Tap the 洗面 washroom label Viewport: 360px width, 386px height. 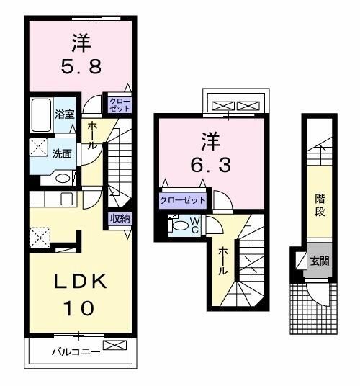click(x=62, y=153)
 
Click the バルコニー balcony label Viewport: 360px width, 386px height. click(x=75, y=352)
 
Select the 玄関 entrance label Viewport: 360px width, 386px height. click(x=320, y=261)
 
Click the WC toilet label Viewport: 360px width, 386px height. click(x=194, y=225)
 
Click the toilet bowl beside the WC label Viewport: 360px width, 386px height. click(x=177, y=225)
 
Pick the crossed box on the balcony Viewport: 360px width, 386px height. click(x=114, y=346)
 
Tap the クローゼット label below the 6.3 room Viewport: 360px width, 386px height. click(x=182, y=199)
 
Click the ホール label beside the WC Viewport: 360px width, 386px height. click(x=223, y=261)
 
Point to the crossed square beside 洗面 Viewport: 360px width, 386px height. click(x=37, y=147)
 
